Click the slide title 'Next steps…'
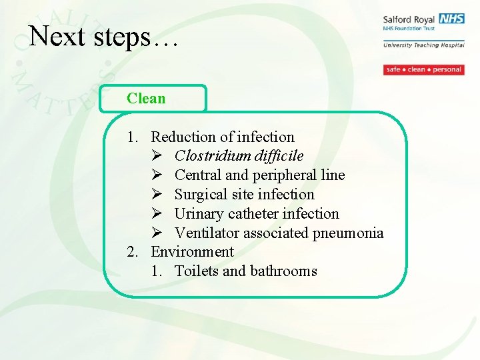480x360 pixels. [104, 36]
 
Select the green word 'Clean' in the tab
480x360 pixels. [146, 99]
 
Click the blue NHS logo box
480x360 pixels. [451, 19]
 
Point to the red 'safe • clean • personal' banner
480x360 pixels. [423, 69]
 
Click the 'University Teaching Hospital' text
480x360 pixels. [423, 45]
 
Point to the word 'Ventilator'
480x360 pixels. [207, 233]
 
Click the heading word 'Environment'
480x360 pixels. [192, 252]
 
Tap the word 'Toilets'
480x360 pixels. [196, 271]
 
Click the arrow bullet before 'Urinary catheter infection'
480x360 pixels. [157, 214]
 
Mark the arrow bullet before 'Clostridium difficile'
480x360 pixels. [157, 156]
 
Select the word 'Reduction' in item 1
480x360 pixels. [183, 137]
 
